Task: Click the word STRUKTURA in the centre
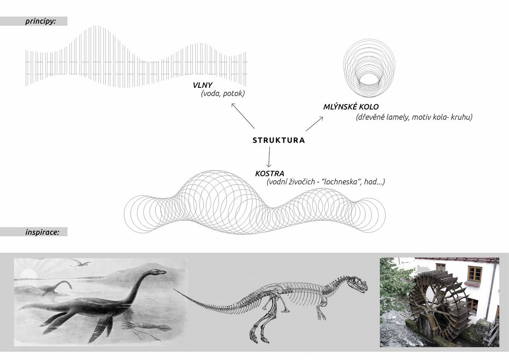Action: point(279,141)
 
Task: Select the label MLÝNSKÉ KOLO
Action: point(351,107)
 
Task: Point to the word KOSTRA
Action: point(269,174)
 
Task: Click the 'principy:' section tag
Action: point(41,21)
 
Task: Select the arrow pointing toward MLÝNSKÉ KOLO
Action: point(314,124)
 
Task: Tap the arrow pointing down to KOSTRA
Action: point(268,157)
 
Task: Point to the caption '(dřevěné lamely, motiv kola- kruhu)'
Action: point(414,117)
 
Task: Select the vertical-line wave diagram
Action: point(136,57)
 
